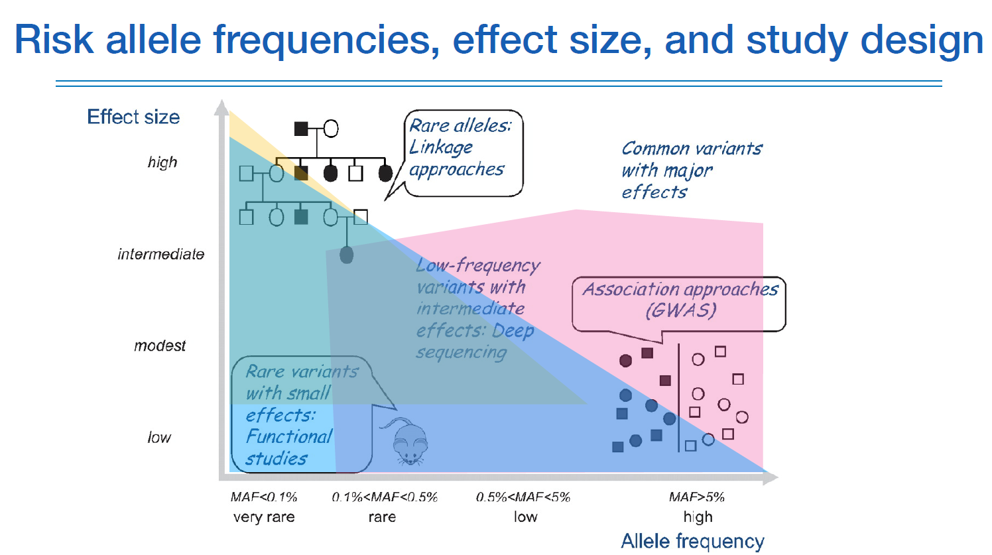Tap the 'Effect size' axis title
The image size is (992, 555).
[133, 117]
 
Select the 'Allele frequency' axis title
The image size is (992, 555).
[692, 541]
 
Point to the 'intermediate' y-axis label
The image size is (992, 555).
[161, 255]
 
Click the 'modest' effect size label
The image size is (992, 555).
[160, 346]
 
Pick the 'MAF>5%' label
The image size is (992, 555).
[696, 497]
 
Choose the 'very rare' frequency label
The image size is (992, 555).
[264, 517]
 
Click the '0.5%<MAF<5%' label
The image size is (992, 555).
[523, 497]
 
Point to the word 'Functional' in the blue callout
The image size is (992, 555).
[289, 436]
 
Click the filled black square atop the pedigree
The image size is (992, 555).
[301, 129]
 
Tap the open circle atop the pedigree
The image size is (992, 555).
[330, 129]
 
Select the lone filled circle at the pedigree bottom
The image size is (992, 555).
[346, 255]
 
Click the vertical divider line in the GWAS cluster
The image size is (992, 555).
[678, 398]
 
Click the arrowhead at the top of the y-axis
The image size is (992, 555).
[222, 107]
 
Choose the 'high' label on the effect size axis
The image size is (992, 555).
[162, 162]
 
